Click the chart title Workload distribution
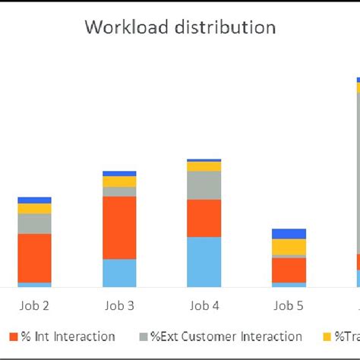tap(180, 28)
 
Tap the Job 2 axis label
tap(34, 306)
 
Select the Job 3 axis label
tap(119, 306)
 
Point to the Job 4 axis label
tap(204, 306)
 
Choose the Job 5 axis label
tap(289, 306)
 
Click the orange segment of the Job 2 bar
tap(34, 258)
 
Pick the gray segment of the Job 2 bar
tap(34, 223)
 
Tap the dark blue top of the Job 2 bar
tap(34, 200)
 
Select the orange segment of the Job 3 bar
tap(119, 228)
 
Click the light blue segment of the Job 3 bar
tap(119, 273)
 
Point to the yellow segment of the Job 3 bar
tap(119, 182)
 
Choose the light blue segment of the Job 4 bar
tap(204, 262)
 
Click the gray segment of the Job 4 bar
tap(204, 185)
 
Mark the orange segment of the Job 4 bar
tap(204, 218)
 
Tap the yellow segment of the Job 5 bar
tap(289, 247)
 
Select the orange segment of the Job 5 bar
tap(289, 270)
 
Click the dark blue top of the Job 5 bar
tap(289, 234)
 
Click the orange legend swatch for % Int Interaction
tap(14, 336)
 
